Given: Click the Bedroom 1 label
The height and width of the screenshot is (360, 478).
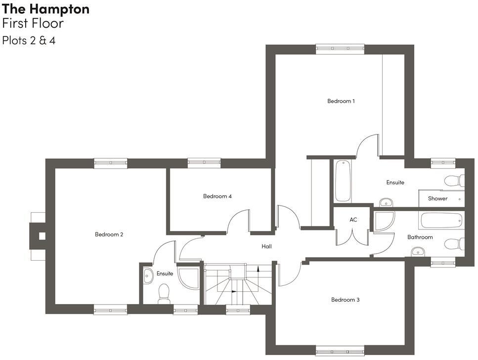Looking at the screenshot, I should (x=341, y=101).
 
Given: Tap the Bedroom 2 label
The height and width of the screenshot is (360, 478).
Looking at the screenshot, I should (x=109, y=234).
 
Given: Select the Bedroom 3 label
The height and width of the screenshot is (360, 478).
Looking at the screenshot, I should (x=345, y=300).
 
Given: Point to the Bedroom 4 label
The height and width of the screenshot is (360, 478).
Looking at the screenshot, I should (x=217, y=196).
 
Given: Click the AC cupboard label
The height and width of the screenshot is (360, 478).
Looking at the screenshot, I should (x=353, y=220).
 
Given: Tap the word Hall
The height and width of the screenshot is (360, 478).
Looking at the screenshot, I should (x=266, y=246).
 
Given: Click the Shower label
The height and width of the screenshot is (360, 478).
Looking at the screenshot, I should (x=437, y=199).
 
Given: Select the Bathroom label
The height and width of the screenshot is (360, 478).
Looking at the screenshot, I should (x=420, y=237).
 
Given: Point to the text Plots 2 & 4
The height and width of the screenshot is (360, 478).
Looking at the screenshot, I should (x=29, y=41).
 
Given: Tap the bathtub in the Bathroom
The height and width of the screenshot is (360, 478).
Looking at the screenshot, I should (x=441, y=220).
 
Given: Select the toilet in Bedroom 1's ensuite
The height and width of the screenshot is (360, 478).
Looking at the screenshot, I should (x=454, y=180).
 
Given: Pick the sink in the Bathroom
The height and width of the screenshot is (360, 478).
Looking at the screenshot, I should (x=418, y=252).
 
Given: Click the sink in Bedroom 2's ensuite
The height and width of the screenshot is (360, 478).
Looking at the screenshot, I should (x=148, y=276).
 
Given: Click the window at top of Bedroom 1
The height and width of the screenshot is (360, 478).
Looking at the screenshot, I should (x=340, y=48).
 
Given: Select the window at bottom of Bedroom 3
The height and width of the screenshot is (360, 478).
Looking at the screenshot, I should (x=340, y=351).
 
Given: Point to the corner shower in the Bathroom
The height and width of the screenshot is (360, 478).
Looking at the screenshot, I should (x=384, y=222).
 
